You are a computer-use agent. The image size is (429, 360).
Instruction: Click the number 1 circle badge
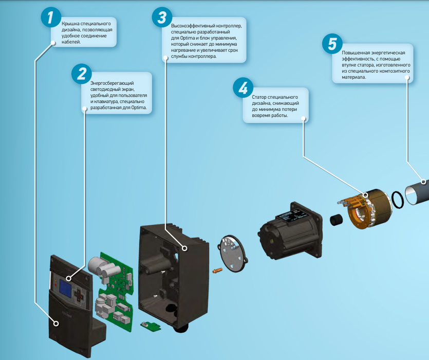pos(51,17)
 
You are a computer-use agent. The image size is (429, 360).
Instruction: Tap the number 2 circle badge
pos(82,74)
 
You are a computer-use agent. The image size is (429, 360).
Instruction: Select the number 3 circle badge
pos(162,17)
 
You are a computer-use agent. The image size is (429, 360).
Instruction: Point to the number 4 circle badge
pos(243,88)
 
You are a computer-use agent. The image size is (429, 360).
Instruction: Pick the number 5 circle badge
pos(332,44)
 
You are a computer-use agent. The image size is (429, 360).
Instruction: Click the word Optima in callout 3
pos(187,38)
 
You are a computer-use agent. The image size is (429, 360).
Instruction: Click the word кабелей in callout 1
pos(71,42)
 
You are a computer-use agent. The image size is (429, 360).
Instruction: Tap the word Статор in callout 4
pos(259,97)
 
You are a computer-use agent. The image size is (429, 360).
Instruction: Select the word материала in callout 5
pos(354,77)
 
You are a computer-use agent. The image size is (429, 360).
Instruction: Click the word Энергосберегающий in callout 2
pos(112,83)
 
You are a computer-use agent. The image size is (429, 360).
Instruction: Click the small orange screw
pos(217,271)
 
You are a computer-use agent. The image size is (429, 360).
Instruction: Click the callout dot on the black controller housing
pos(184,248)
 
